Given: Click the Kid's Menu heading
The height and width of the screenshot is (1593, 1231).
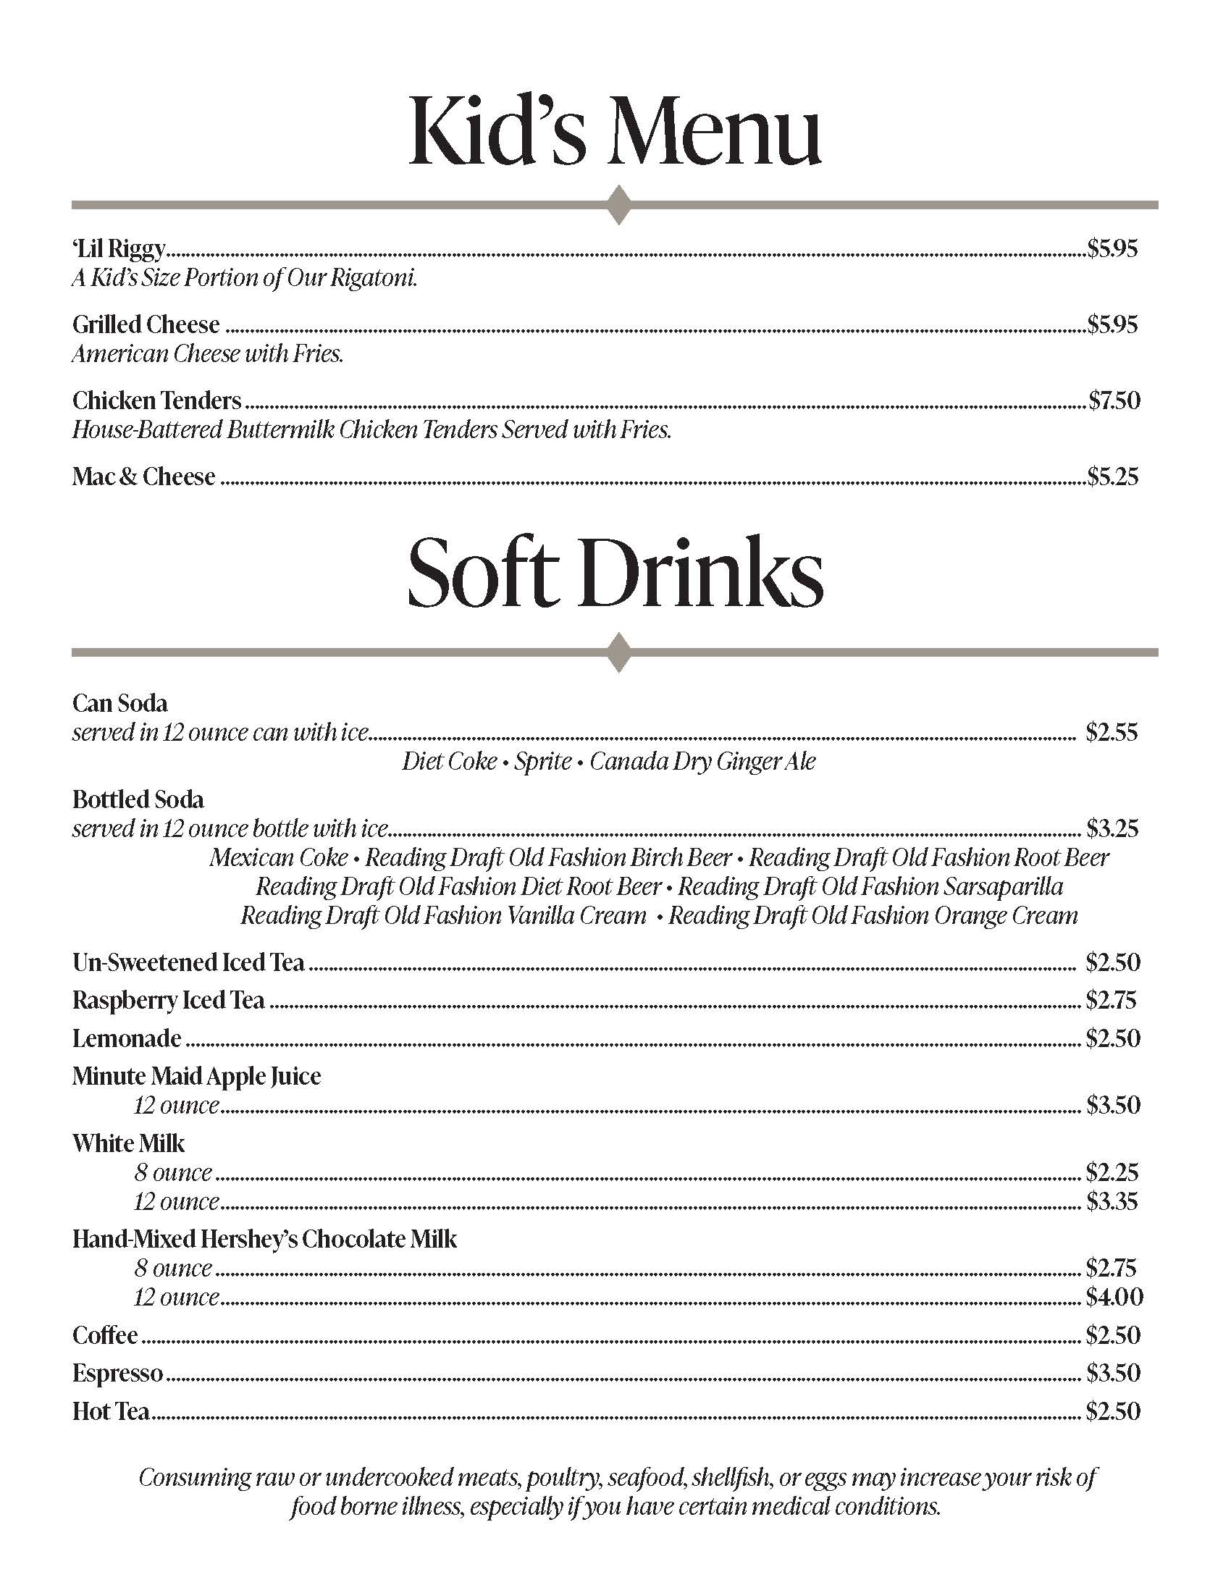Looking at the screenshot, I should [x=615, y=131].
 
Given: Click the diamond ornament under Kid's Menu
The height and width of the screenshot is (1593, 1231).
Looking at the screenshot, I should [x=618, y=205].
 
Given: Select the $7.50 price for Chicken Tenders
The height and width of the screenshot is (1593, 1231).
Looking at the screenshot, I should [x=1114, y=400].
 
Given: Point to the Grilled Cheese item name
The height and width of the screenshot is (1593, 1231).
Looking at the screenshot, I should [x=146, y=324].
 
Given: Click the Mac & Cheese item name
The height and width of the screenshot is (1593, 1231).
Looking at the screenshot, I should [x=143, y=476].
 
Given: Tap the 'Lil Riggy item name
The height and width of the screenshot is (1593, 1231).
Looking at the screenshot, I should [x=119, y=250].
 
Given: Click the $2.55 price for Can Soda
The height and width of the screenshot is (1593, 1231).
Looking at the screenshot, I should [x=1112, y=732].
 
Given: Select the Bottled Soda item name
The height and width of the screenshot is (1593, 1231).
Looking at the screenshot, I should [x=138, y=799].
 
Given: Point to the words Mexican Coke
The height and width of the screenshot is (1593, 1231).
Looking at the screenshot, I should [x=279, y=857].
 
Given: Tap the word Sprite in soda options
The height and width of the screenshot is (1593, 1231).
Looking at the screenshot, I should [x=542, y=762].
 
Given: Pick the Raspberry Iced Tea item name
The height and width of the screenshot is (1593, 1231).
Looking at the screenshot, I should [x=168, y=1000].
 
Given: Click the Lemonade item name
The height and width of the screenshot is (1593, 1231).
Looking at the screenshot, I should [x=127, y=1038].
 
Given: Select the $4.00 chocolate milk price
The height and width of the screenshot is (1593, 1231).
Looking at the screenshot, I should [x=1114, y=1297].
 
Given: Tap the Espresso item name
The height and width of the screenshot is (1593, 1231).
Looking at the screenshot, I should [x=117, y=1374].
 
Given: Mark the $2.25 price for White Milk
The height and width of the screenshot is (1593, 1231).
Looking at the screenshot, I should [x=1112, y=1172].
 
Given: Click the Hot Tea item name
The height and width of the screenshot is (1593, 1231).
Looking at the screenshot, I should [x=111, y=1411].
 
